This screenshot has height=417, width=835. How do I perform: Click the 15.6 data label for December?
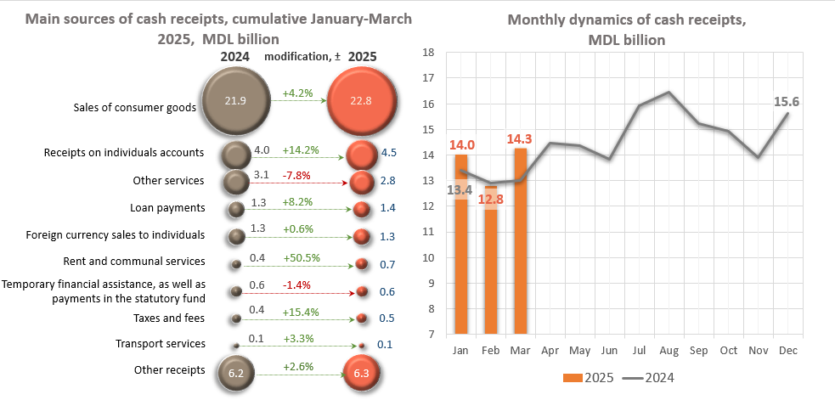tap(786, 102)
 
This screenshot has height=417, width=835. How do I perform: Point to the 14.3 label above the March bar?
tap(520, 138)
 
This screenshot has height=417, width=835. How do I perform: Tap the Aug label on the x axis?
tap(669, 350)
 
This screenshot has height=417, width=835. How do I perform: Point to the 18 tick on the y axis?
tap(428, 53)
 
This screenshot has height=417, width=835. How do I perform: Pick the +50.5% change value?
tap(301, 257)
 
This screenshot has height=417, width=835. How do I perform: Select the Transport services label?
tap(161, 343)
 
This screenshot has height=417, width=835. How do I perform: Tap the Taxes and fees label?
tap(168, 318)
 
